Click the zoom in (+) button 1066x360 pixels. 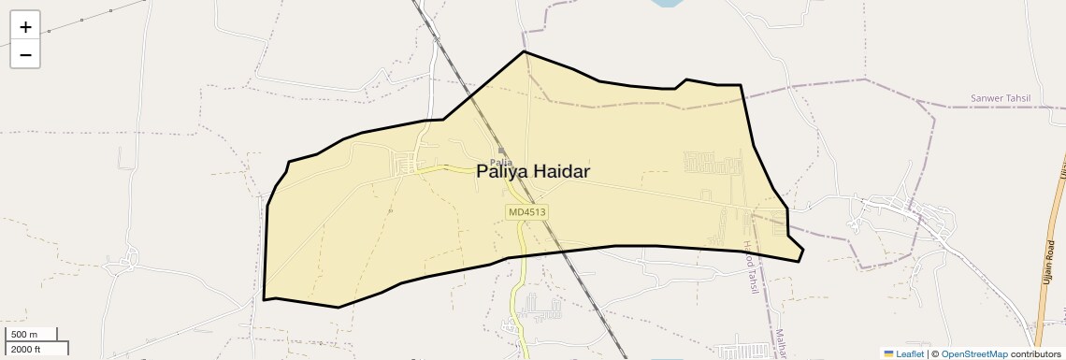coord(25,27)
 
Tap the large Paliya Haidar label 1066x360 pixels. coord(533,171)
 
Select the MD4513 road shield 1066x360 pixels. coord(527,212)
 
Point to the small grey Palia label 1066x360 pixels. coord(501,162)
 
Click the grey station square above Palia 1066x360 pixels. coord(501,151)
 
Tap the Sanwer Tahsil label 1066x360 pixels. coord(1001,98)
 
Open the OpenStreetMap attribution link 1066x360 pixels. coord(973,354)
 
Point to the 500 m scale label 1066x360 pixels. coord(24,335)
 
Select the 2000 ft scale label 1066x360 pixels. coord(26,349)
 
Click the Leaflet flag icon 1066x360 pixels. coord(889,354)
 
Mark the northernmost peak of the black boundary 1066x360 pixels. coord(524,51)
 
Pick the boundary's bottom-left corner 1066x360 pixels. coord(265,299)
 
